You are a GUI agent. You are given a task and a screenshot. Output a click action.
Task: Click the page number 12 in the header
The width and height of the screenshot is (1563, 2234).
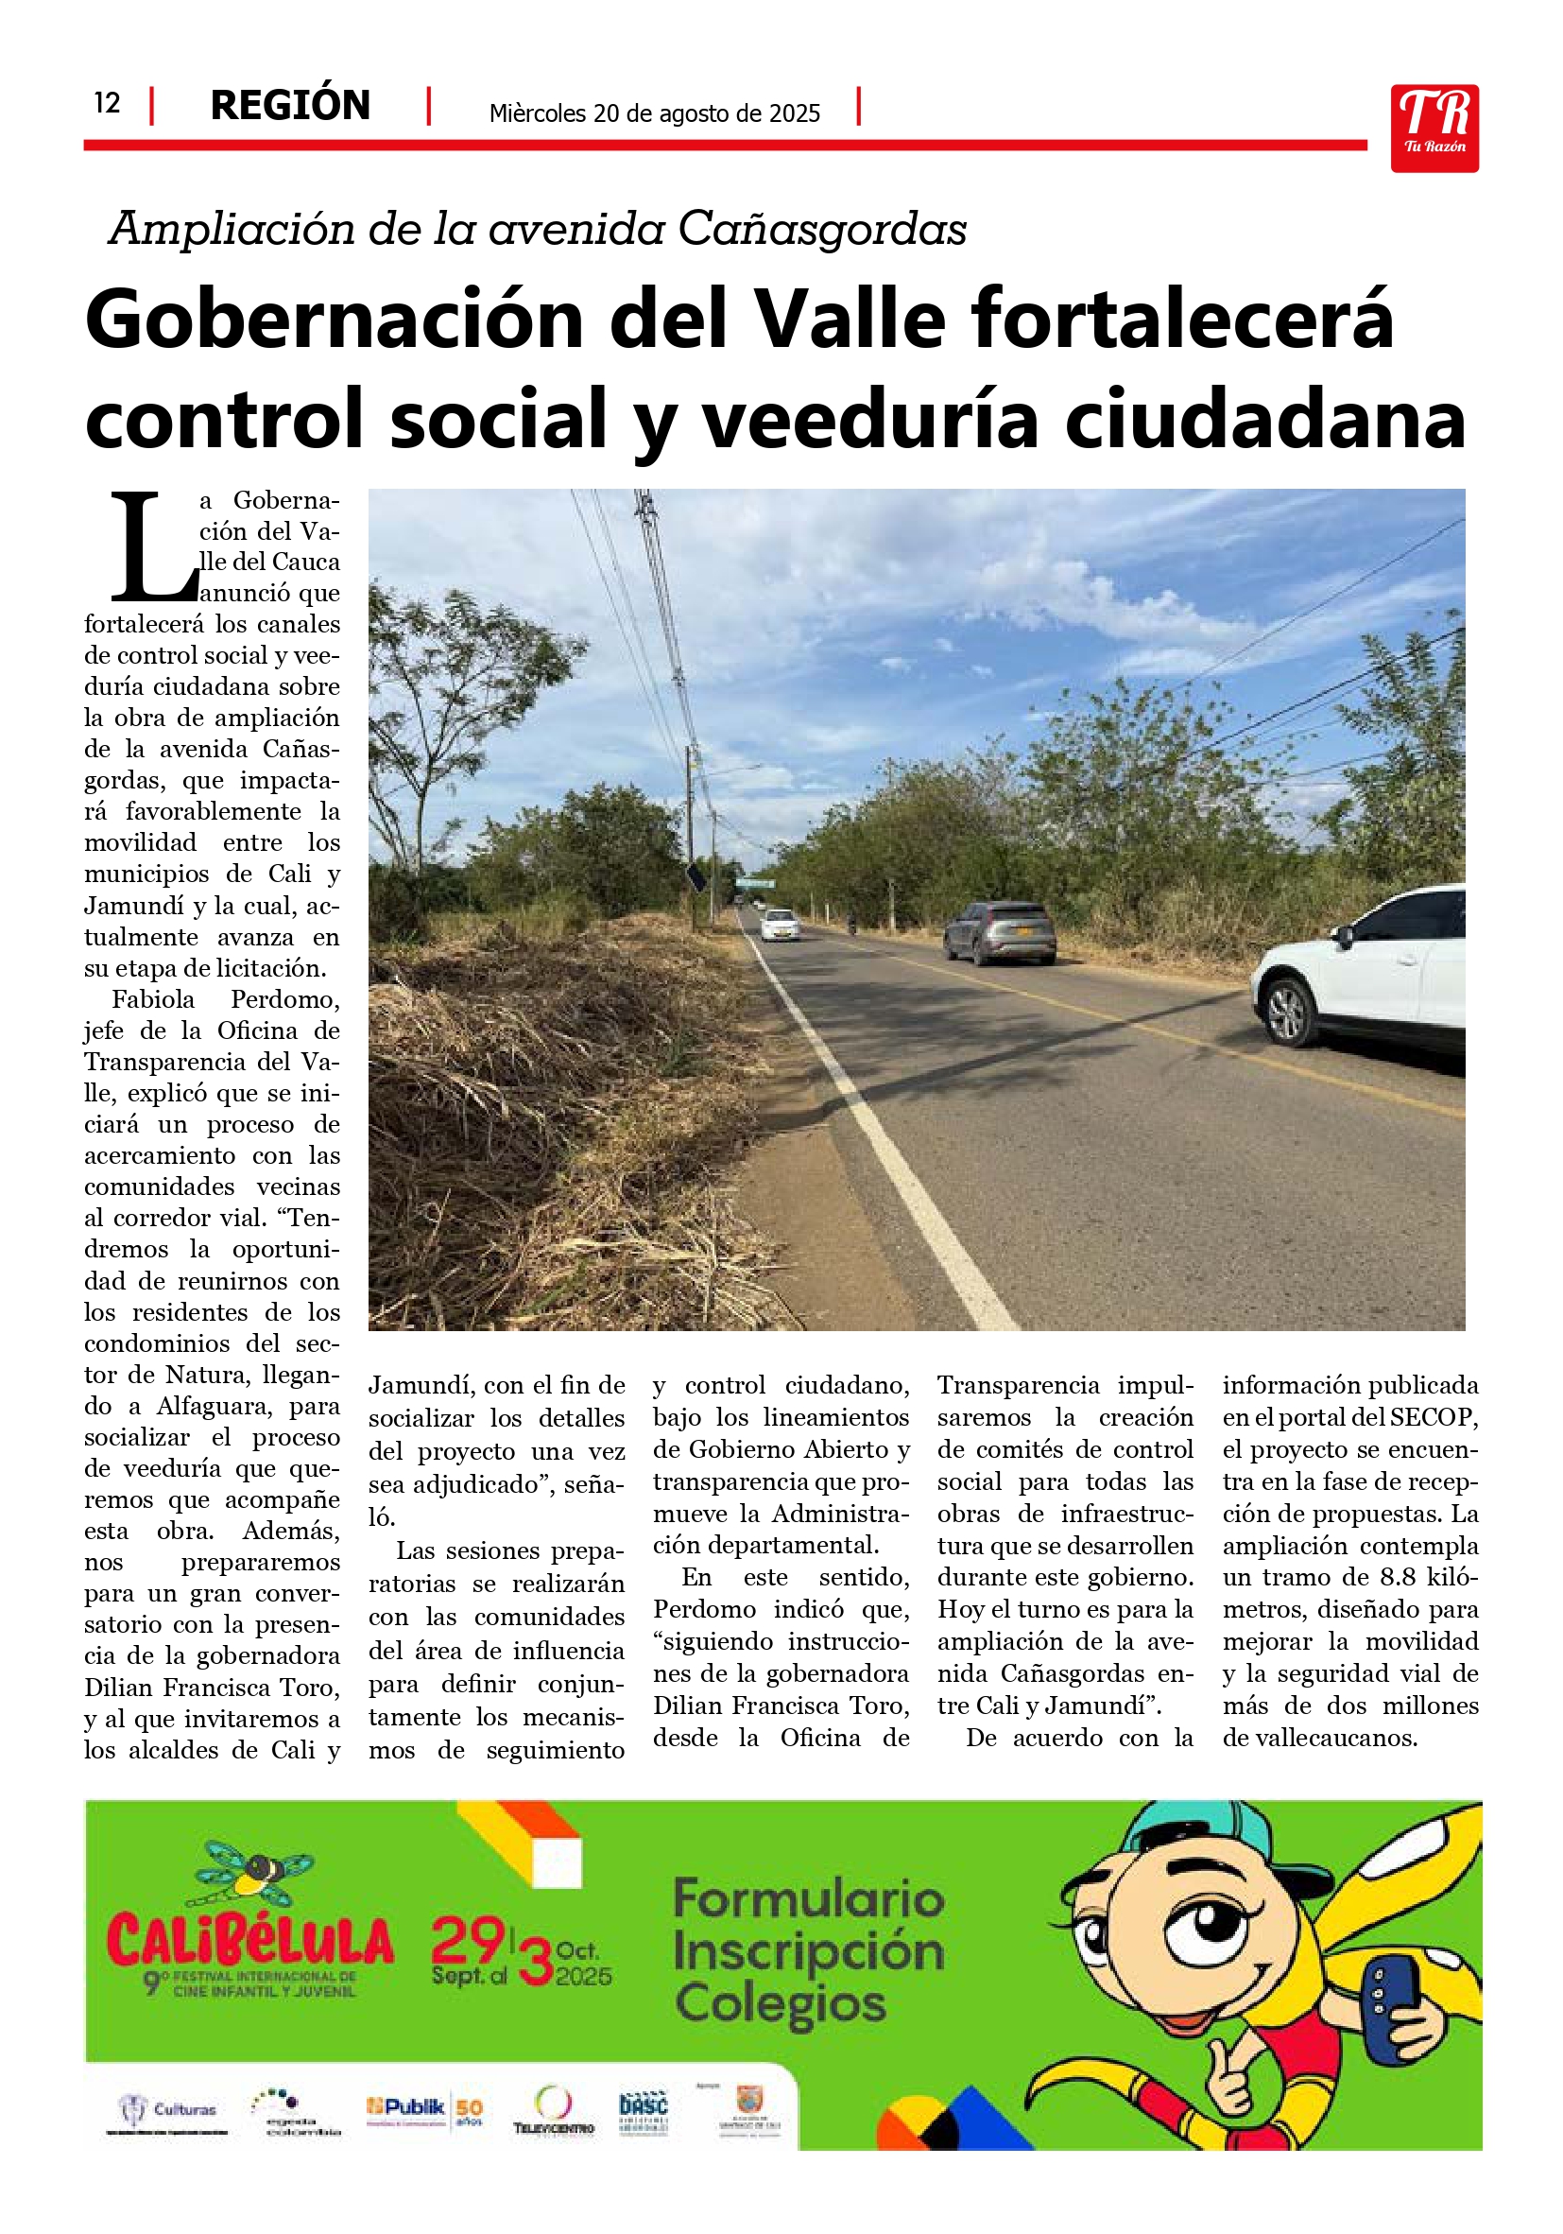point(107,103)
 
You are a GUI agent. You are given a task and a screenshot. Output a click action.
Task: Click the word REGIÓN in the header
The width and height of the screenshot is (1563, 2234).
point(290,105)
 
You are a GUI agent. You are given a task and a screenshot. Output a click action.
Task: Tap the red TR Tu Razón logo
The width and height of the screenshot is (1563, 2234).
point(1434,129)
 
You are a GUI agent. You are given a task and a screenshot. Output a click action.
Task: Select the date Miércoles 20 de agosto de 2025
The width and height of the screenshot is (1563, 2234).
point(655,113)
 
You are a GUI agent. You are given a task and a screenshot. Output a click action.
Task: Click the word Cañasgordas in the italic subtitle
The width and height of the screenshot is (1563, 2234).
point(822,230)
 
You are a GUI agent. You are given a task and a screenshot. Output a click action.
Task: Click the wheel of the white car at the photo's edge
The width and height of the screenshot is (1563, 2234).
point(1289,1012)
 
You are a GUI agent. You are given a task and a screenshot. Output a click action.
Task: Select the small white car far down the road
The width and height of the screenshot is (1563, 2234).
point(780,925)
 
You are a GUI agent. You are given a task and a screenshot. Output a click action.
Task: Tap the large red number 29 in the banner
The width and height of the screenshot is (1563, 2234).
point(468,1940)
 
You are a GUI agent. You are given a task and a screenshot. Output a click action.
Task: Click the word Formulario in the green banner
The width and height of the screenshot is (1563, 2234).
point(808,1898)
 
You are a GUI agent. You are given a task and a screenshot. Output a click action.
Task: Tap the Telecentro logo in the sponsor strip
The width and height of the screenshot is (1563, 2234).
point(554,2109)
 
